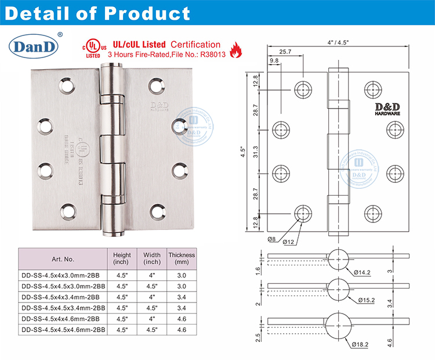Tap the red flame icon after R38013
click(235, 52)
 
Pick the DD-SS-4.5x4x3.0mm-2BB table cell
click(61, 276)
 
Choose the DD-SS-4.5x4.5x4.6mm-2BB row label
click(61, 329)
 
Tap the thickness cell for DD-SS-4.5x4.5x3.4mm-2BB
click(181, 308)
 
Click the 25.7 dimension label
click(285, 52)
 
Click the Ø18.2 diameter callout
click(362, 344)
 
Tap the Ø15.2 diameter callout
click(366, 300)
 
